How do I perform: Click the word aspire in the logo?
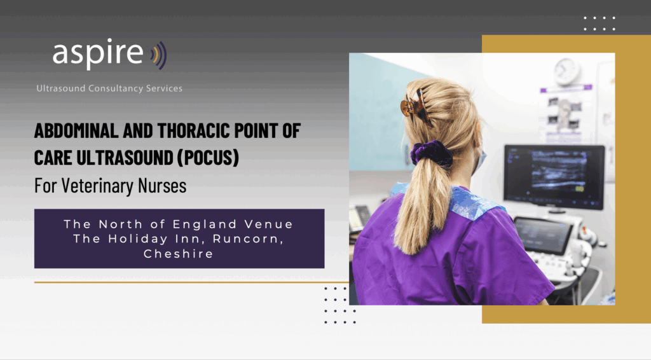(97, 53)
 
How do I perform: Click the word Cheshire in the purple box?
(179, 253)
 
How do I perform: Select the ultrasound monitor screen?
(554, 176)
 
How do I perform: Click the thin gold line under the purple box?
(191, 282)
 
